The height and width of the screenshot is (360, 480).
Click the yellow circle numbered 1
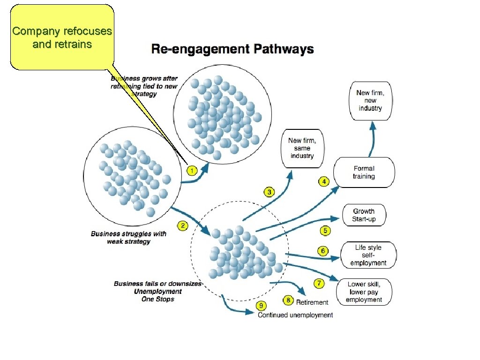pos(191,170)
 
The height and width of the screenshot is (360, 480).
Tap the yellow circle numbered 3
pos(269,192)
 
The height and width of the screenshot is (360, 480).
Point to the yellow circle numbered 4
pos(323,181)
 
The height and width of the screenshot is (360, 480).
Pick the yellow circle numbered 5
pos(325,231)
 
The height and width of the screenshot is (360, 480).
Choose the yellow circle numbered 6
pos(323,251)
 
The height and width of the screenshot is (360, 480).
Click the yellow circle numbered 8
pos(288,300)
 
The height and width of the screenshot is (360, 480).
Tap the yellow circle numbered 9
pos(261,306)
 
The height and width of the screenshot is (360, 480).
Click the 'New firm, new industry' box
pos(370,100)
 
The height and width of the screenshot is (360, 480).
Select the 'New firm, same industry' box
pos(302,148)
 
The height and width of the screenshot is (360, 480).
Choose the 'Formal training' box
pos(364,172)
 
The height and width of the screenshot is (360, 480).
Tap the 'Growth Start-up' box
pos(364,215)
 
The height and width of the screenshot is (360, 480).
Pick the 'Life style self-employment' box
pos(368,255)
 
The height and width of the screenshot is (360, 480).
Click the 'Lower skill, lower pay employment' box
pos(364,292)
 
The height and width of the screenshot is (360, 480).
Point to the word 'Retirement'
pos(312,302)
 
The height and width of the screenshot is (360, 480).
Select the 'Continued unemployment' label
pos(295,315)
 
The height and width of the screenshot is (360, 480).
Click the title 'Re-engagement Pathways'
pos(232,49)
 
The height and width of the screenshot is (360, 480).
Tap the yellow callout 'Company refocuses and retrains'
pos(62,37)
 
